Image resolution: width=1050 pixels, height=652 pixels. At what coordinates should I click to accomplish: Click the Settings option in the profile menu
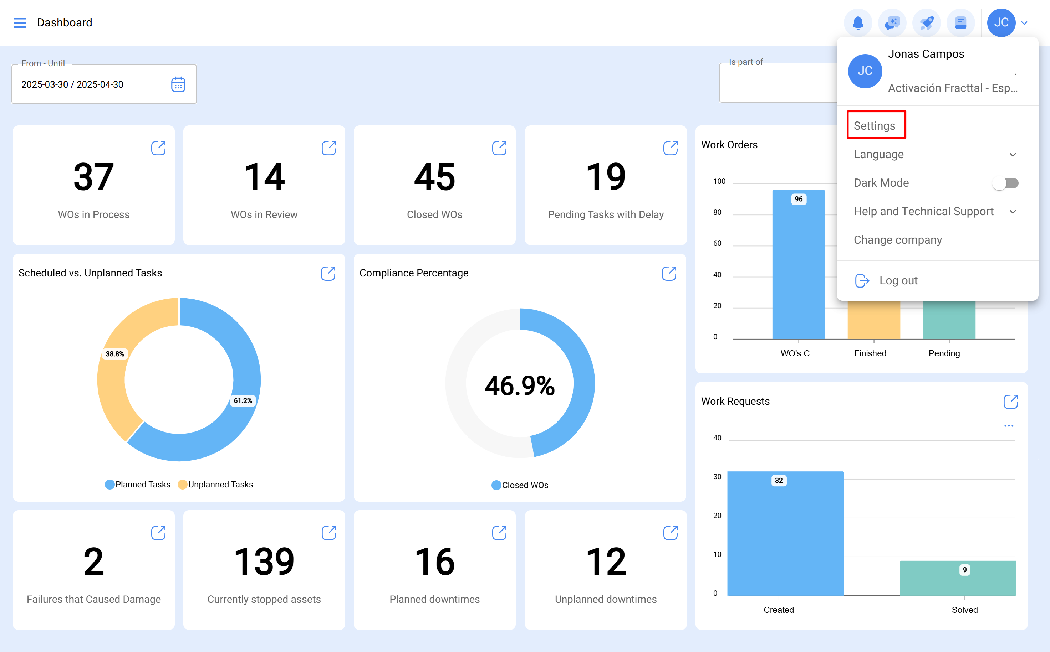(875, 125)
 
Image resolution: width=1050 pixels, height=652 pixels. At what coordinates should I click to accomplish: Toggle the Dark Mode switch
(1005, 183)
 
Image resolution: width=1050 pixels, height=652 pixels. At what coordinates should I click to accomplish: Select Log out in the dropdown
(898, 280)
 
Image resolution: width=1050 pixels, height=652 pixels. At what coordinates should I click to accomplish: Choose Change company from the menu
(898, 240)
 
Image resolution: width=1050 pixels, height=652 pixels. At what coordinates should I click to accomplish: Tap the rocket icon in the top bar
(927, 22)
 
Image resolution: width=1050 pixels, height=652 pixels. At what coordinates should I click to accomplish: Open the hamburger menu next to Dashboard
(20, 22)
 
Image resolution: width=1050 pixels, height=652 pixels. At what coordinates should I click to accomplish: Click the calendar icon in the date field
(178, 84)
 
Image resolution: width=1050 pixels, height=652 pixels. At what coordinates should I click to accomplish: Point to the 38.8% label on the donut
(115, 353)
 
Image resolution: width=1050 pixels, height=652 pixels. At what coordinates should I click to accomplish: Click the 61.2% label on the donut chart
(243, 400)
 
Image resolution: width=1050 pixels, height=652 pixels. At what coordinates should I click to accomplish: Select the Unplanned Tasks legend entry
(216, 484)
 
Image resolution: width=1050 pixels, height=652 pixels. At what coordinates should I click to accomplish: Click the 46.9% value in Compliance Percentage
(520, 385)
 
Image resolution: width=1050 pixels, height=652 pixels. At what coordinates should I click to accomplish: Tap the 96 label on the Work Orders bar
(799, 199)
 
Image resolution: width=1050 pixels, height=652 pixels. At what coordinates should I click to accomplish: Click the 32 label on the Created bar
(779, 480)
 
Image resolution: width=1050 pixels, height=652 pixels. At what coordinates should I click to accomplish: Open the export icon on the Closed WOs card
(499, 148)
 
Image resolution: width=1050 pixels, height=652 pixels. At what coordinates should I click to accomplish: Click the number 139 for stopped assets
(264, 561)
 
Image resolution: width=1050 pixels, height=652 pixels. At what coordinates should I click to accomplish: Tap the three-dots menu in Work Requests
(1009, 426)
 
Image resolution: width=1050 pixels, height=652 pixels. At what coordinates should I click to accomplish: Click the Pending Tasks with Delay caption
(606, 214)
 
